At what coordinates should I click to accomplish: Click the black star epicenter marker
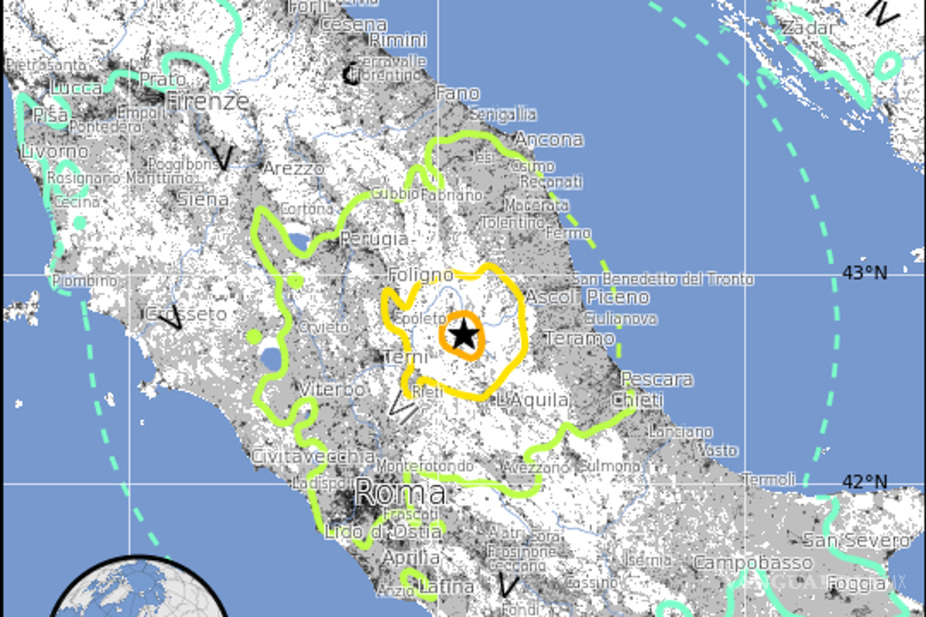click(463, 335)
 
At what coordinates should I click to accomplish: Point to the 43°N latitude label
click(864, 272)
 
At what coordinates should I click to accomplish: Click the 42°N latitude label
click(864, 483)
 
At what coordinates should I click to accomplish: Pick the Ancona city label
click(549, 140)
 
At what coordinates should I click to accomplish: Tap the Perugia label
click(373, 238)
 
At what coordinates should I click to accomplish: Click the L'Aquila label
click(533, 400)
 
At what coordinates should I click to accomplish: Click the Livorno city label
click(55, 150)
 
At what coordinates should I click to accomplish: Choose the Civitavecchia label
click(313, 457)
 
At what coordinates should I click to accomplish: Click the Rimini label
click(397, 40)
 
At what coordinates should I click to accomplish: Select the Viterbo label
click(333, 390)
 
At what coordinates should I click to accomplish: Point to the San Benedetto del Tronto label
click(662, 279)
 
